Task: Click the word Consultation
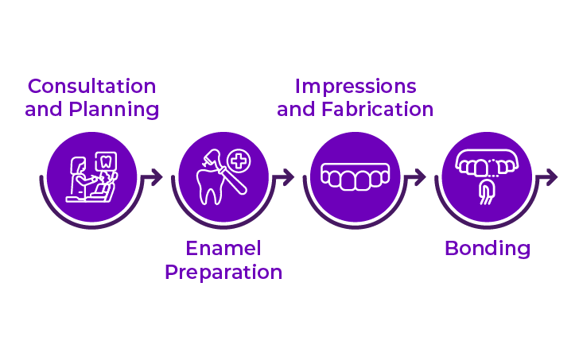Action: (92, 87)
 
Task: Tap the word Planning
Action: (114, 110)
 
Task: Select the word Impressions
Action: (356, 87)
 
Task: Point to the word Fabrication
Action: (377, 110)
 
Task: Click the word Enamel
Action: (223, 248)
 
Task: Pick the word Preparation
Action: (223, 273)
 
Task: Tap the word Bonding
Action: (488, 249)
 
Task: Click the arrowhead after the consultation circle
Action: (157, 177)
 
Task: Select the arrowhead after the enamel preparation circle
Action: (288, 177)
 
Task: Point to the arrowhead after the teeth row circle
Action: (420, 177)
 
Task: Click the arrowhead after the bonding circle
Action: (551, 177)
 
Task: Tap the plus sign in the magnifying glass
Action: (239, 161)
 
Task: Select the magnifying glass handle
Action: (233, 180)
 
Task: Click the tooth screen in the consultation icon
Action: (106, 161)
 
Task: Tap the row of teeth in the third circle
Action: (356, 177)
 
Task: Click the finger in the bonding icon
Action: (487, 192)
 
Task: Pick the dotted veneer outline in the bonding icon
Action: (494, 168)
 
